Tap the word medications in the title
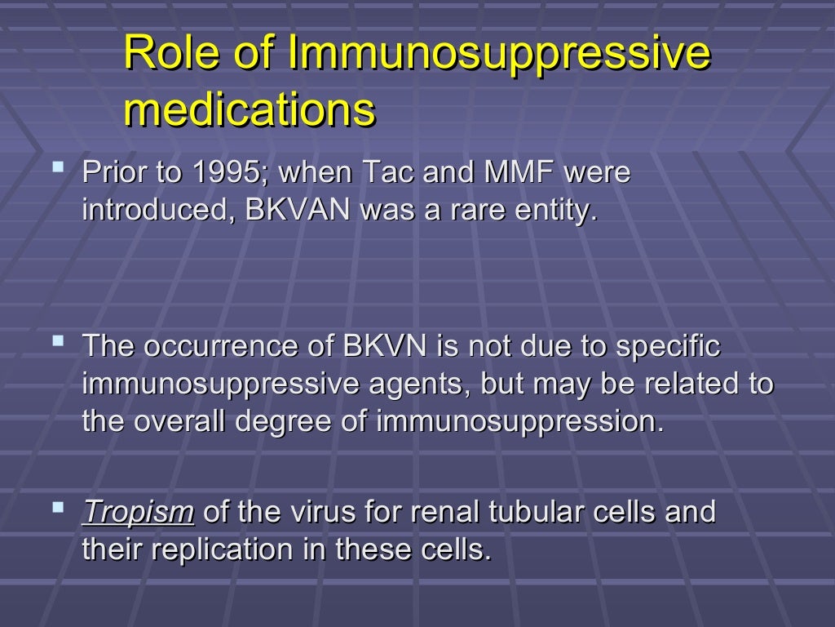250,110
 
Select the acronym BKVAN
298,211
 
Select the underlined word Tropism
138,512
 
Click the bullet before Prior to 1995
58,168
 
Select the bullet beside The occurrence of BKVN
58,340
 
